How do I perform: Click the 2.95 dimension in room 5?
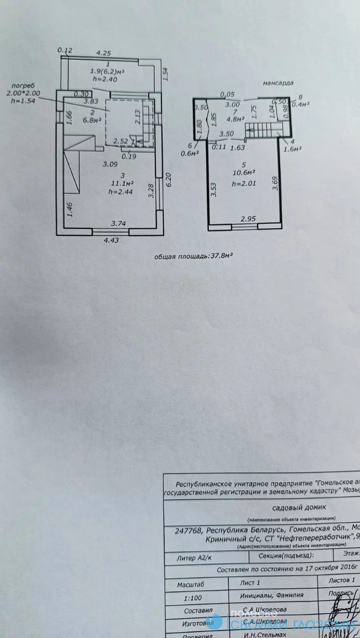249,219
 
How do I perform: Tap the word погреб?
23,85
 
